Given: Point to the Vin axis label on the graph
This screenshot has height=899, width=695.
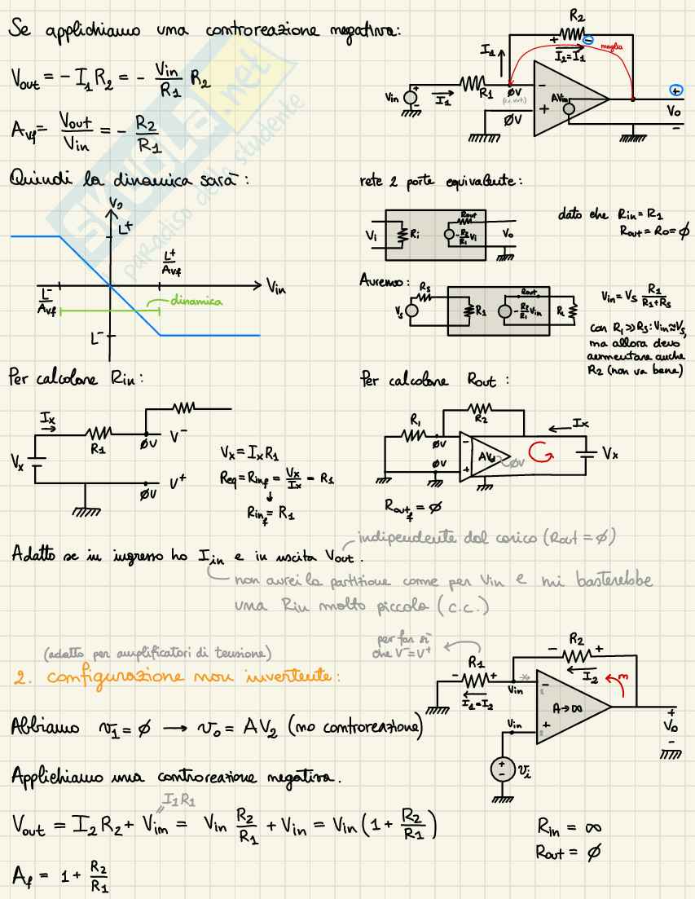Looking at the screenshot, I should point(276,287).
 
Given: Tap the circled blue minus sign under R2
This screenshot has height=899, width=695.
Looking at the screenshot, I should point(587,39).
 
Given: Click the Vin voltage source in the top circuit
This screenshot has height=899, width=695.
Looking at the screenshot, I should point(411,96).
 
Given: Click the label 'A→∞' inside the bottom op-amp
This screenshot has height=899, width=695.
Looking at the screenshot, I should point(571,708).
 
